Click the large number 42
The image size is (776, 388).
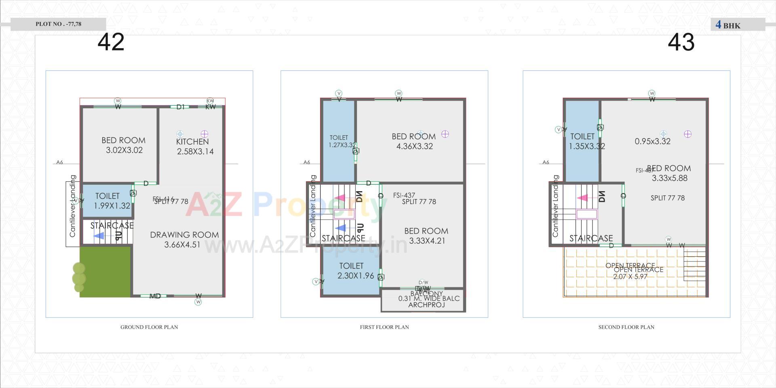(111, 42)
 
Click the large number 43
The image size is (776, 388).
(681, 42)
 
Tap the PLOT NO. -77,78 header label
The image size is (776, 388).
(58, 24)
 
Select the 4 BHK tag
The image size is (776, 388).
(728, 25)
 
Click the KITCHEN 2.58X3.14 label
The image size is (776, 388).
(194, 146)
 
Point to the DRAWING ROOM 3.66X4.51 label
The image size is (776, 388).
(184, 239)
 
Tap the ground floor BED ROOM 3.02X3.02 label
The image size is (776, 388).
(124, 145)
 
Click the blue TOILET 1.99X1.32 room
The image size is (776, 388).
(108, 201)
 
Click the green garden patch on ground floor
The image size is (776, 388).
(105, 272)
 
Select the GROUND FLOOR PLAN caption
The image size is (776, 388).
(149, 327)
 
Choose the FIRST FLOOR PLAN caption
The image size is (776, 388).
(384, 327)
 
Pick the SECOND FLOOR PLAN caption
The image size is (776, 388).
(626, 327)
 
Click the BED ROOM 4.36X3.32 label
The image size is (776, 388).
(414, 141)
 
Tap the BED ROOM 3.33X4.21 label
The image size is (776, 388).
(426, 236)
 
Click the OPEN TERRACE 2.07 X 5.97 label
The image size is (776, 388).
(633, 271)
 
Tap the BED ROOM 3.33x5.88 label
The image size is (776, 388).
(669, 173)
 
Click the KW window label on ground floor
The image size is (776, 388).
(211, 107)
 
